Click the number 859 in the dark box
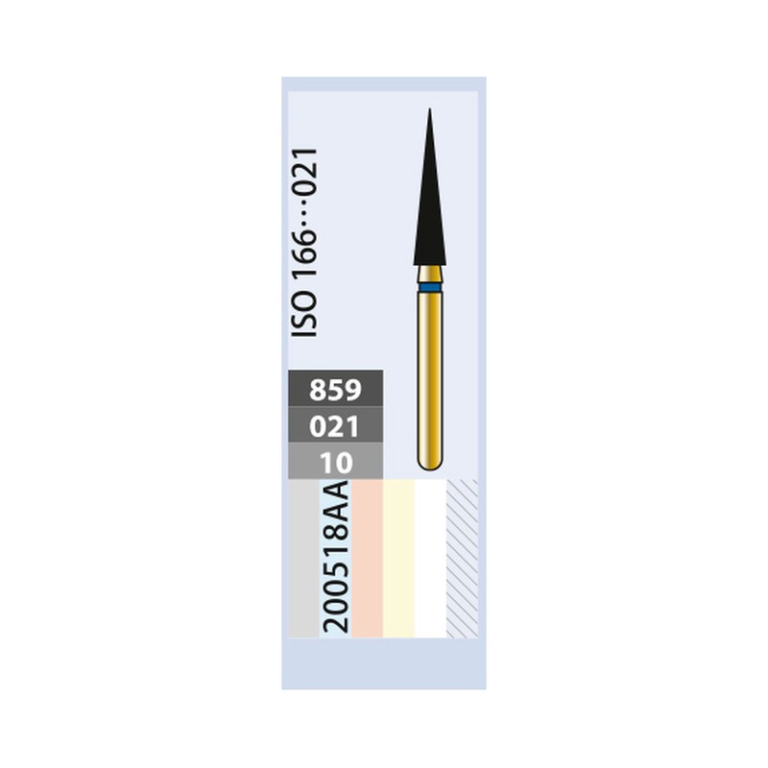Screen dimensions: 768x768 point(335,390)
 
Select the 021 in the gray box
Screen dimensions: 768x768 point(335,426)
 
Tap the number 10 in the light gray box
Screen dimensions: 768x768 point(336,463)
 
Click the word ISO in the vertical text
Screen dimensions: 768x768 point(304,314)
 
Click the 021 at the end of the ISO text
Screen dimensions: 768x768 point(304,173)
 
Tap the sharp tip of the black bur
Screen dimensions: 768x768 point(429,109)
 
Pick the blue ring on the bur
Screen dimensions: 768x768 point(430,287)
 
